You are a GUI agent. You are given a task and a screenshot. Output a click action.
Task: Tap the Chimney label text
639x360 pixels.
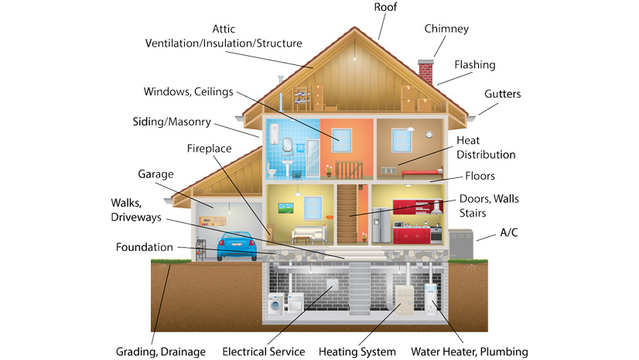[x=446, y=29]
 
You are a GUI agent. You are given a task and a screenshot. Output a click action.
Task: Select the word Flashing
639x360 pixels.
[x=474, y=65]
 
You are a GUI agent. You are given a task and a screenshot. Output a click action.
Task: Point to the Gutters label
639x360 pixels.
[x=503, y=94]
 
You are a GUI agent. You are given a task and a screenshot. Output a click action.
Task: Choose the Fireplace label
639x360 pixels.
[x=210, y=148]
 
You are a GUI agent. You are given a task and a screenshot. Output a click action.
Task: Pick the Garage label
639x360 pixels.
[x=156, y=174]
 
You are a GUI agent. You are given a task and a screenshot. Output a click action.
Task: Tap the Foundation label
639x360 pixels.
[x=144, y=247]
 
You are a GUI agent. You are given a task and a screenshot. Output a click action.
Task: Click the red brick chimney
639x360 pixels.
[x=425, y=71]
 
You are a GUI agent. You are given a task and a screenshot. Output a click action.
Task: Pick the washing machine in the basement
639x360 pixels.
[x=275, y=303]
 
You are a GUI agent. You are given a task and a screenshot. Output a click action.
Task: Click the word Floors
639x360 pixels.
[x=480, y=176]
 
